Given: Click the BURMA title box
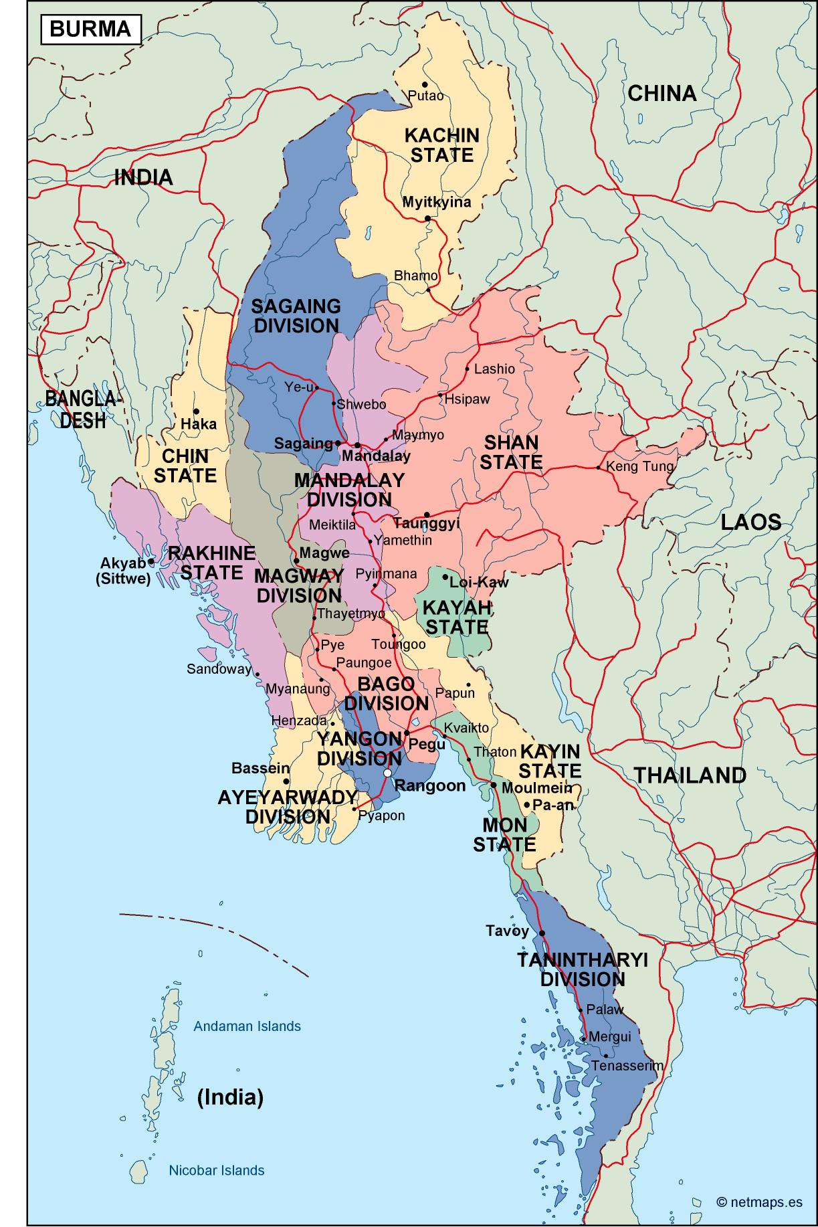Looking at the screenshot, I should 91,29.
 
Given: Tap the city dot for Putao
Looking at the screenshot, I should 425,84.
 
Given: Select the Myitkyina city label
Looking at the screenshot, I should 436,202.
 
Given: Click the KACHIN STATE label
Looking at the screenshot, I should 442,145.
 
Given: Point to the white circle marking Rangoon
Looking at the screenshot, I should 387,773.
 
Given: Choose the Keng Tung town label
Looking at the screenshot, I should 639,466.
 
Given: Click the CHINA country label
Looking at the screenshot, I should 661,93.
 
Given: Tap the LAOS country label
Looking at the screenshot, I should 750,522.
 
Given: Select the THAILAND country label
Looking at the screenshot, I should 690,775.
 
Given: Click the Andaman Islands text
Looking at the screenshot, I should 247,1026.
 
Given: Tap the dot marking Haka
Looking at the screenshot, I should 196,411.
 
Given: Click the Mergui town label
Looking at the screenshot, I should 609,1037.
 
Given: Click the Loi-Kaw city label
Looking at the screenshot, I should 478,582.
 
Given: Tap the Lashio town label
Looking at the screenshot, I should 494,369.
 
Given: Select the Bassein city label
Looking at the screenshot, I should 260,769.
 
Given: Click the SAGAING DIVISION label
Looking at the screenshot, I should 296,316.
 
